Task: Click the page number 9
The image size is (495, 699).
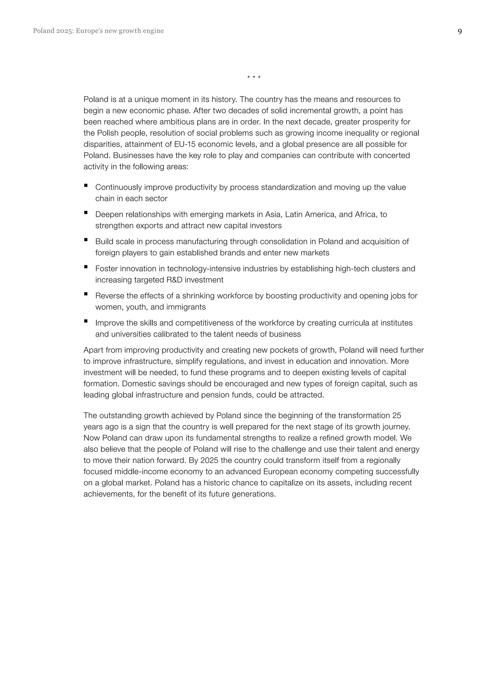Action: [x=460, y=31]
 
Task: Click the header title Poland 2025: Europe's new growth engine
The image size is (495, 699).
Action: [x=98, y=31]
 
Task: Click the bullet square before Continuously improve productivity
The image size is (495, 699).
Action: [x=86, y=185]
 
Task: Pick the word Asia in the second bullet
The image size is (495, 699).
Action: [x=274, y=215]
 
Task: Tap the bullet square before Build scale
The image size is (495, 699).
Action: [x=86, y=240]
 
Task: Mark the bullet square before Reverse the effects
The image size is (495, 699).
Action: [x=86, y=294]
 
